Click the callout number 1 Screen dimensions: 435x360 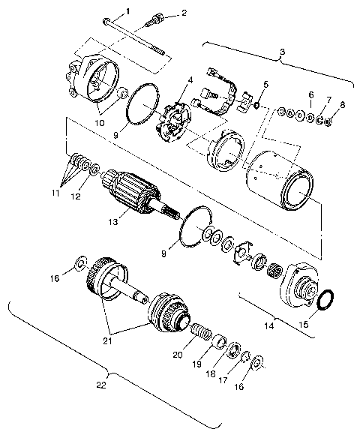[127, 10]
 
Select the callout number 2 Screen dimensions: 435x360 [184, 13]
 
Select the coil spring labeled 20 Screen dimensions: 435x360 [199, 331]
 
